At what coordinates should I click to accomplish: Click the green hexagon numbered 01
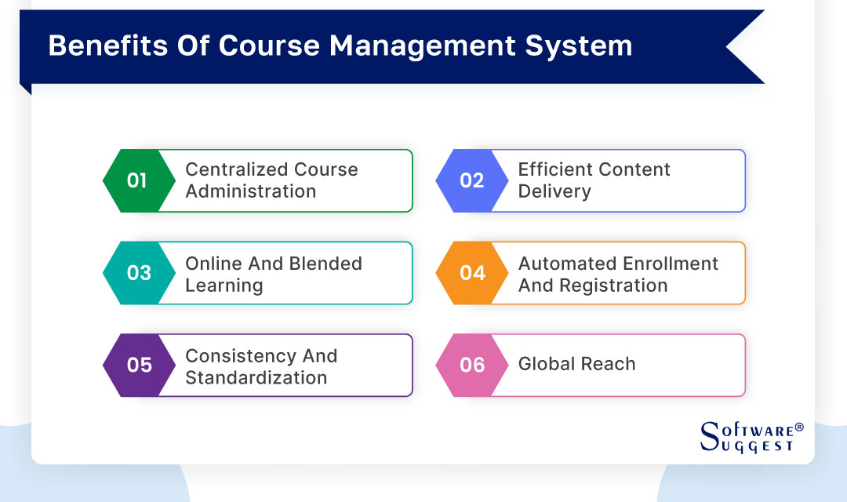point(136,180)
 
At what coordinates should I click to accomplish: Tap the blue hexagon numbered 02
point(469,180)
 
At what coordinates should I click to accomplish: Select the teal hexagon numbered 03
point(136,273)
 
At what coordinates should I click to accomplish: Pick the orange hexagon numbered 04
point(469,273)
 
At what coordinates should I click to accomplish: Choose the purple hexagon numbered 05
point(136,365)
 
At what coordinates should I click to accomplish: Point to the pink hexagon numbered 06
point(469,365)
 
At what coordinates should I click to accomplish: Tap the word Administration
point(250,191)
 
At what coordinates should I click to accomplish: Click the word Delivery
point(554,191)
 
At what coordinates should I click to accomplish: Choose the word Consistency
point(239,355)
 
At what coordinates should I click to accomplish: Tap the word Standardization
point(256,377)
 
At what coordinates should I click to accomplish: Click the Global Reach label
point(576,364)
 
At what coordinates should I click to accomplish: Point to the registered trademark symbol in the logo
point(799,427)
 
